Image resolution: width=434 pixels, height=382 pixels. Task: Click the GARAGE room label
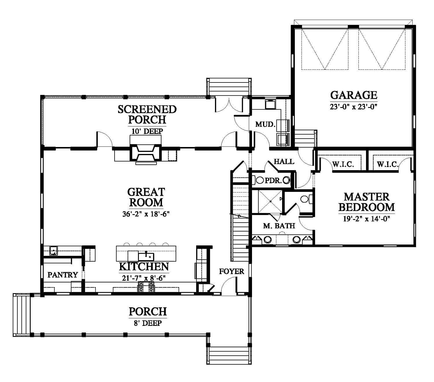tap(354, 95)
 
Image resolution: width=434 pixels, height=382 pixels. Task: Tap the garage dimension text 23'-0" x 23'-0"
tap(354, 107)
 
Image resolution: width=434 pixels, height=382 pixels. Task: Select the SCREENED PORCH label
tap(147, 114)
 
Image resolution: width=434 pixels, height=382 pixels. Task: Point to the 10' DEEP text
tap(147, 131)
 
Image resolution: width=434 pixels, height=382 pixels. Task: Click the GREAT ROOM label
tap(146, 197)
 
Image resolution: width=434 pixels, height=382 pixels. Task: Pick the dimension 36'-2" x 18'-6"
tap(146, 214)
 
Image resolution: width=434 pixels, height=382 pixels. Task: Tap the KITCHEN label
tap(144, 267)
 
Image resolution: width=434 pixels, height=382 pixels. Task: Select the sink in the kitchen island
tap(146, 256)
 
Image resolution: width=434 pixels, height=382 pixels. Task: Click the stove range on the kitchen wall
tap(146, 287)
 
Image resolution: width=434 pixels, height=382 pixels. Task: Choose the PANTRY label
tap(62, 275)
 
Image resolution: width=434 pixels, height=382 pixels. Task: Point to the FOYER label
tap(231, 271)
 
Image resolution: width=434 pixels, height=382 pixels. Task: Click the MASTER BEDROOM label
tap(367, 202)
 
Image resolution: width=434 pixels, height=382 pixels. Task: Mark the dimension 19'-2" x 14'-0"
tap(367, 219)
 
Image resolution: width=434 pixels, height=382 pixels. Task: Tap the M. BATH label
tap(279, 226)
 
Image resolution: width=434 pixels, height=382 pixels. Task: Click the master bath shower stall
tap(270, 201)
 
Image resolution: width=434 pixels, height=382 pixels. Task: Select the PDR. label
tap(273, 181)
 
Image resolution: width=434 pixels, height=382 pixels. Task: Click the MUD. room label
tap(265, 124)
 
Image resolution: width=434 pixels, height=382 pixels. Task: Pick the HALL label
tap(284, 161)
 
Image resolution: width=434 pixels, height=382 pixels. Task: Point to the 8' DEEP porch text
tap(148, 323)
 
